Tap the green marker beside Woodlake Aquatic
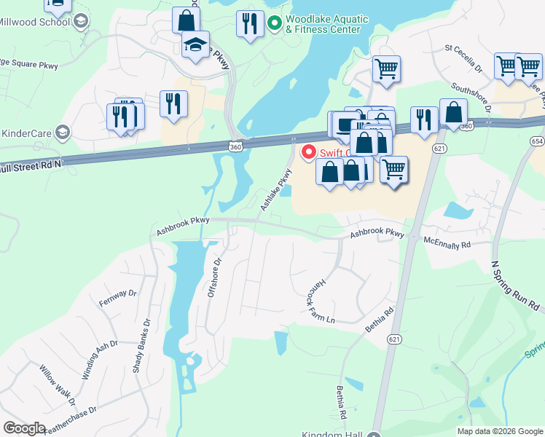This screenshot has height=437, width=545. (x=274, y=24)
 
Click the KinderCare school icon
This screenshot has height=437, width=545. (x=63, y=132)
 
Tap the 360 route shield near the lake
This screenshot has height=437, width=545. (x=233, y=145)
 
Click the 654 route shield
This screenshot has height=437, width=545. (x=538, y=140)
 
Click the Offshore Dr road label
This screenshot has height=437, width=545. (x=213, y=277)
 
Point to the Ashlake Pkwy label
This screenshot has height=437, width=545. (x=275, y=190)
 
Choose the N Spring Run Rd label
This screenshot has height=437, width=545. (x=514, y=286)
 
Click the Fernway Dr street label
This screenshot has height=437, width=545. (x=119, y=298)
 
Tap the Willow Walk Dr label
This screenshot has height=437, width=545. (x=58, y=385)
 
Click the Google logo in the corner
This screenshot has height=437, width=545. (x=25, y=428)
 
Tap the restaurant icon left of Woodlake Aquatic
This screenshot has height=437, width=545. (x=250, y=23)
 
